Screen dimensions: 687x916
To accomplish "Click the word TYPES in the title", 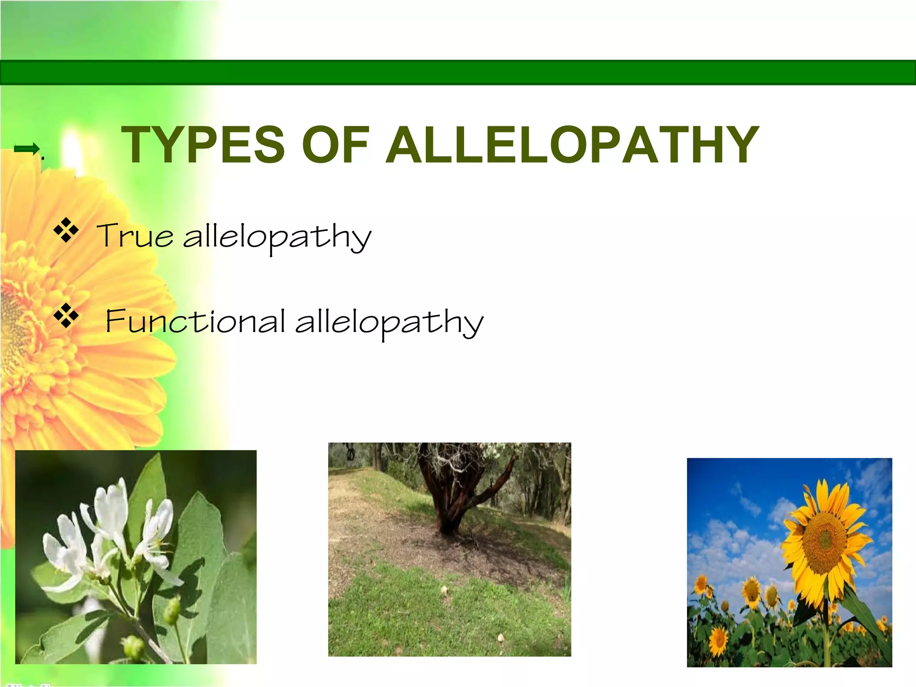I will pos(203,144).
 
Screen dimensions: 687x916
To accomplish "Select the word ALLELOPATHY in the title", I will pos(572,144).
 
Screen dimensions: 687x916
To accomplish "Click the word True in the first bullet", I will pos(135,235).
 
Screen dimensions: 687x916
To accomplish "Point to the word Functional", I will pos(195,321).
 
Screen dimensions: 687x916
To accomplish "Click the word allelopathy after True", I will pos(277,237).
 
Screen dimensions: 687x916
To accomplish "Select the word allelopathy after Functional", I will pos(389,322).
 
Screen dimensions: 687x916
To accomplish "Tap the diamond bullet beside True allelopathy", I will pos(66,230).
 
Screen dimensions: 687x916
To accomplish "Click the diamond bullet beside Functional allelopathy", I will pos(66,316).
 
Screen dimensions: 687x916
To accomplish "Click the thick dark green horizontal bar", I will pos(458,72).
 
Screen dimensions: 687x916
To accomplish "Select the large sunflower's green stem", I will pos(827,626).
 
